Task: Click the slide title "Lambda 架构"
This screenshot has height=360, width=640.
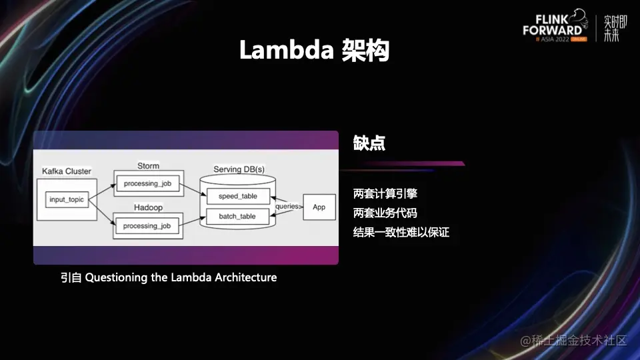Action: coord(314,51)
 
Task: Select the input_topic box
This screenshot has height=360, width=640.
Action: coord(67,199)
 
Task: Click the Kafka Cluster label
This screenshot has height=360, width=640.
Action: coord(66,171)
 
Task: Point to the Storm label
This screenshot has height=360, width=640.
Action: coord(148,165)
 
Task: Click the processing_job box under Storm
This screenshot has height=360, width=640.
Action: coord(147,183)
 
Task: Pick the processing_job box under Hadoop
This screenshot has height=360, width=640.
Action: coord(147,226)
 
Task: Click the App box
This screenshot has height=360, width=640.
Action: coord(319,207)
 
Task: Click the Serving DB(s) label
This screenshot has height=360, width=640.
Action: coord(239,169)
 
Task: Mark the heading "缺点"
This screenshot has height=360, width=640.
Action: coord(369,143)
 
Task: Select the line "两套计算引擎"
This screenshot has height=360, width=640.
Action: coord(386,194)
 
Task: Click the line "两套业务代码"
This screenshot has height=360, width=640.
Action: coord(386,213)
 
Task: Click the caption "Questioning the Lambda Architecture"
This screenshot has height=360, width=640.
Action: coord(181,277)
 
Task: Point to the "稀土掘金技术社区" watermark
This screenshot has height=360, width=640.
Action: coord(574,340)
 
